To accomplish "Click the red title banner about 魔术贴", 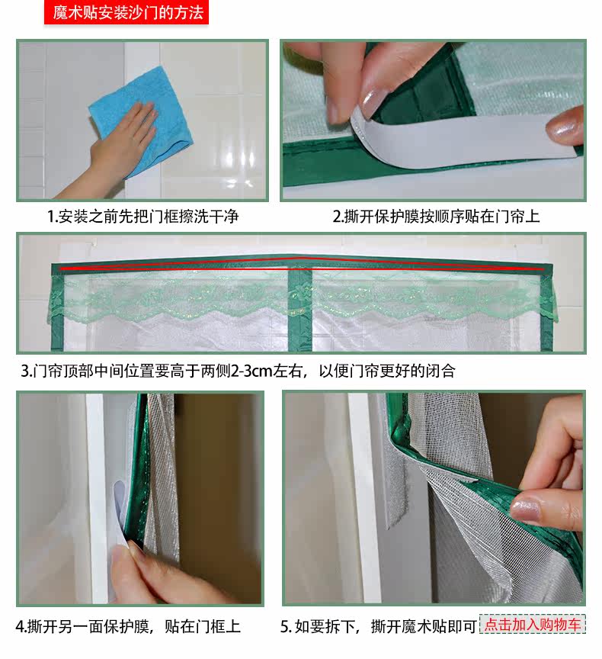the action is click(x=126, y=13).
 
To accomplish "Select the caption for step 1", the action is click(x=142, y=217).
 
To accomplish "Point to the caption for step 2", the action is click(x=436, y=217).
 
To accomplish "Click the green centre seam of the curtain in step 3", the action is click(x=299, y=310).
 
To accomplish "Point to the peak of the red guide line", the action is click(x=300, y=258).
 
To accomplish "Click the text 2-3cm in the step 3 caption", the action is click(x=251, y=371).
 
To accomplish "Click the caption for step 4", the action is click(x=128, y=627).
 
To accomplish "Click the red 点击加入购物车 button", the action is click(x=533, y=625).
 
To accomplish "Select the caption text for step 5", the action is click(x=379, y=627).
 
